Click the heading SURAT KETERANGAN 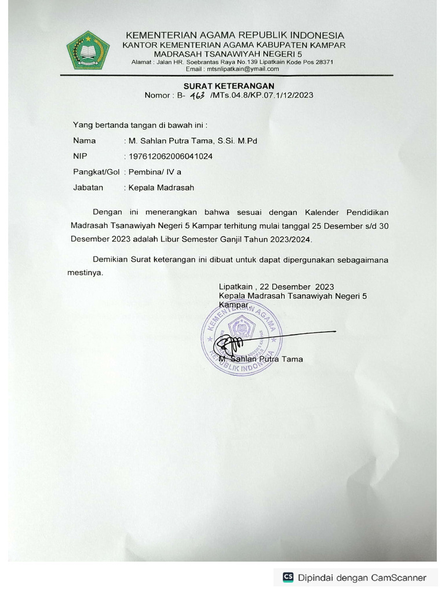pos(228,85)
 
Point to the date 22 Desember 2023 pos(297,287)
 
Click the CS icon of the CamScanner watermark pos(288,577)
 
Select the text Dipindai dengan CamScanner pos(362,577)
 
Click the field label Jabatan pos(88,188)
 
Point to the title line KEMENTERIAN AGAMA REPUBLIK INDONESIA pos(235,35)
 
